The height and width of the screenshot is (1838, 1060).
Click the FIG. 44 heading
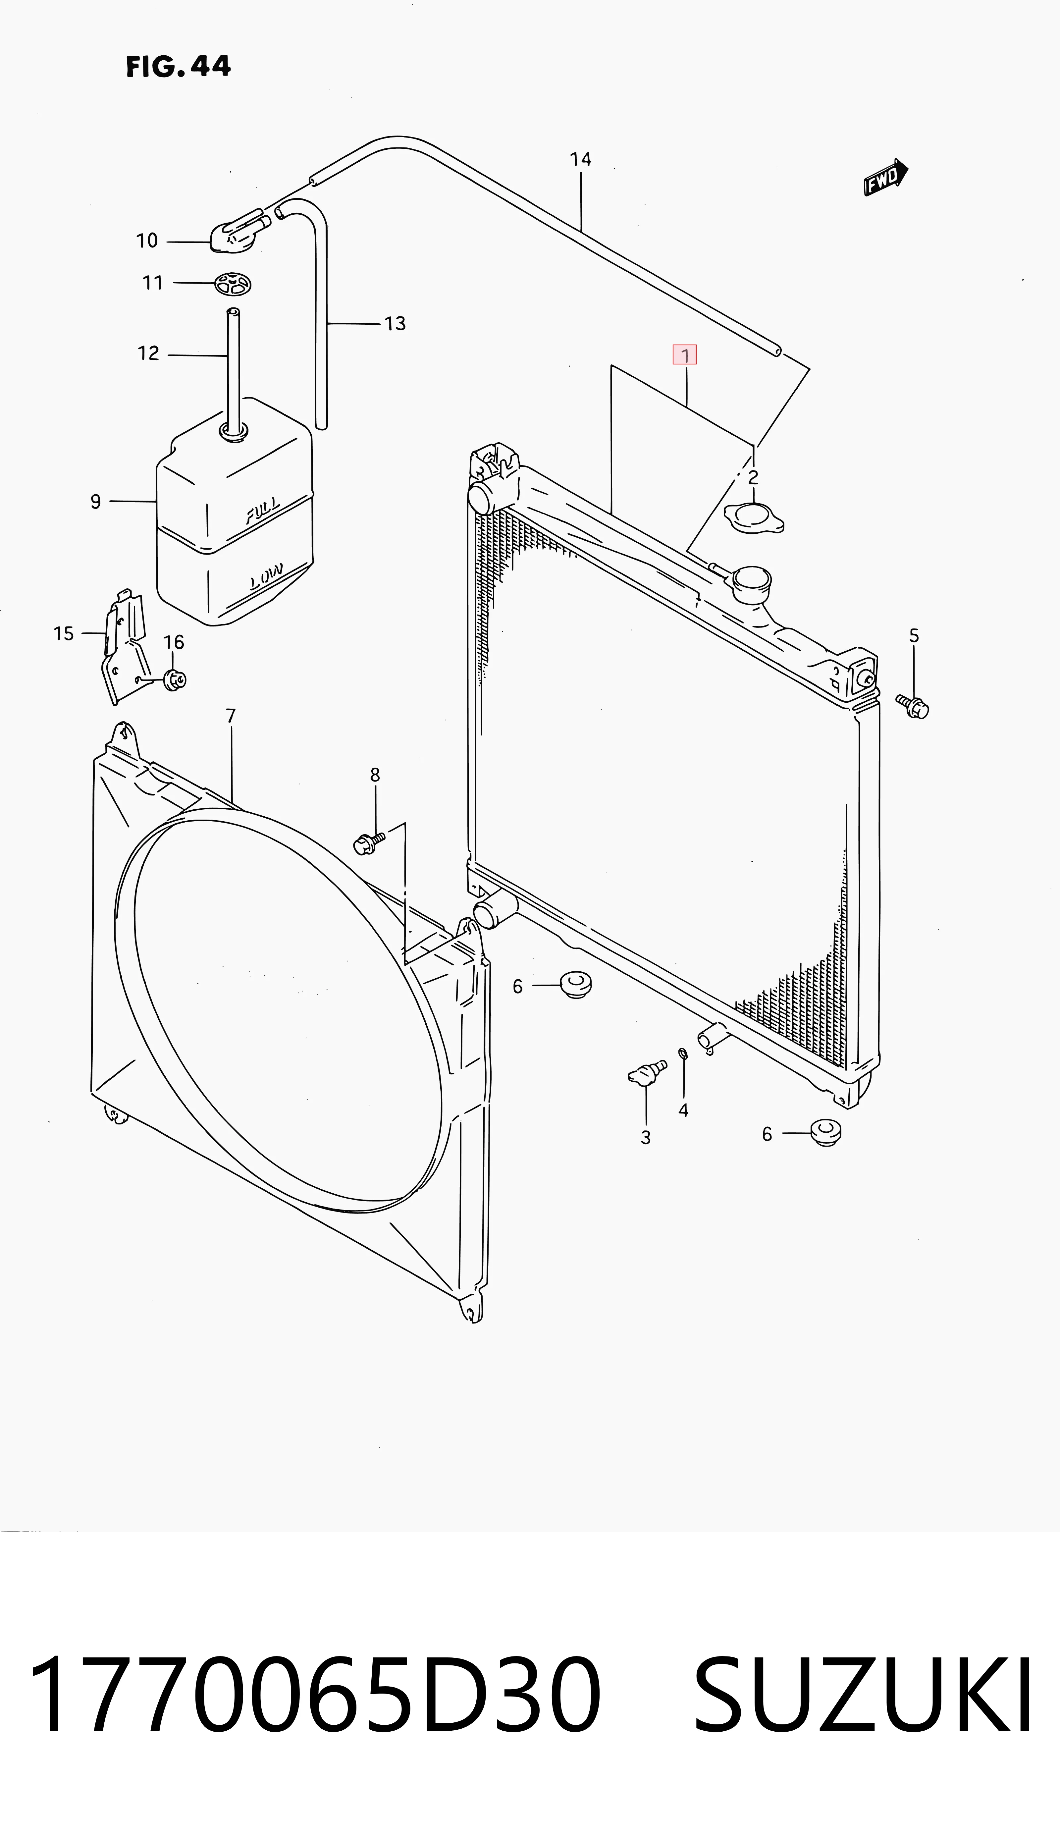(x=178, y=66)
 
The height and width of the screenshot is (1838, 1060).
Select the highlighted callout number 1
(x=684, y=355)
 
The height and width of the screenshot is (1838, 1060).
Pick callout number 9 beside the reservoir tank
(x=95, y=502)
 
